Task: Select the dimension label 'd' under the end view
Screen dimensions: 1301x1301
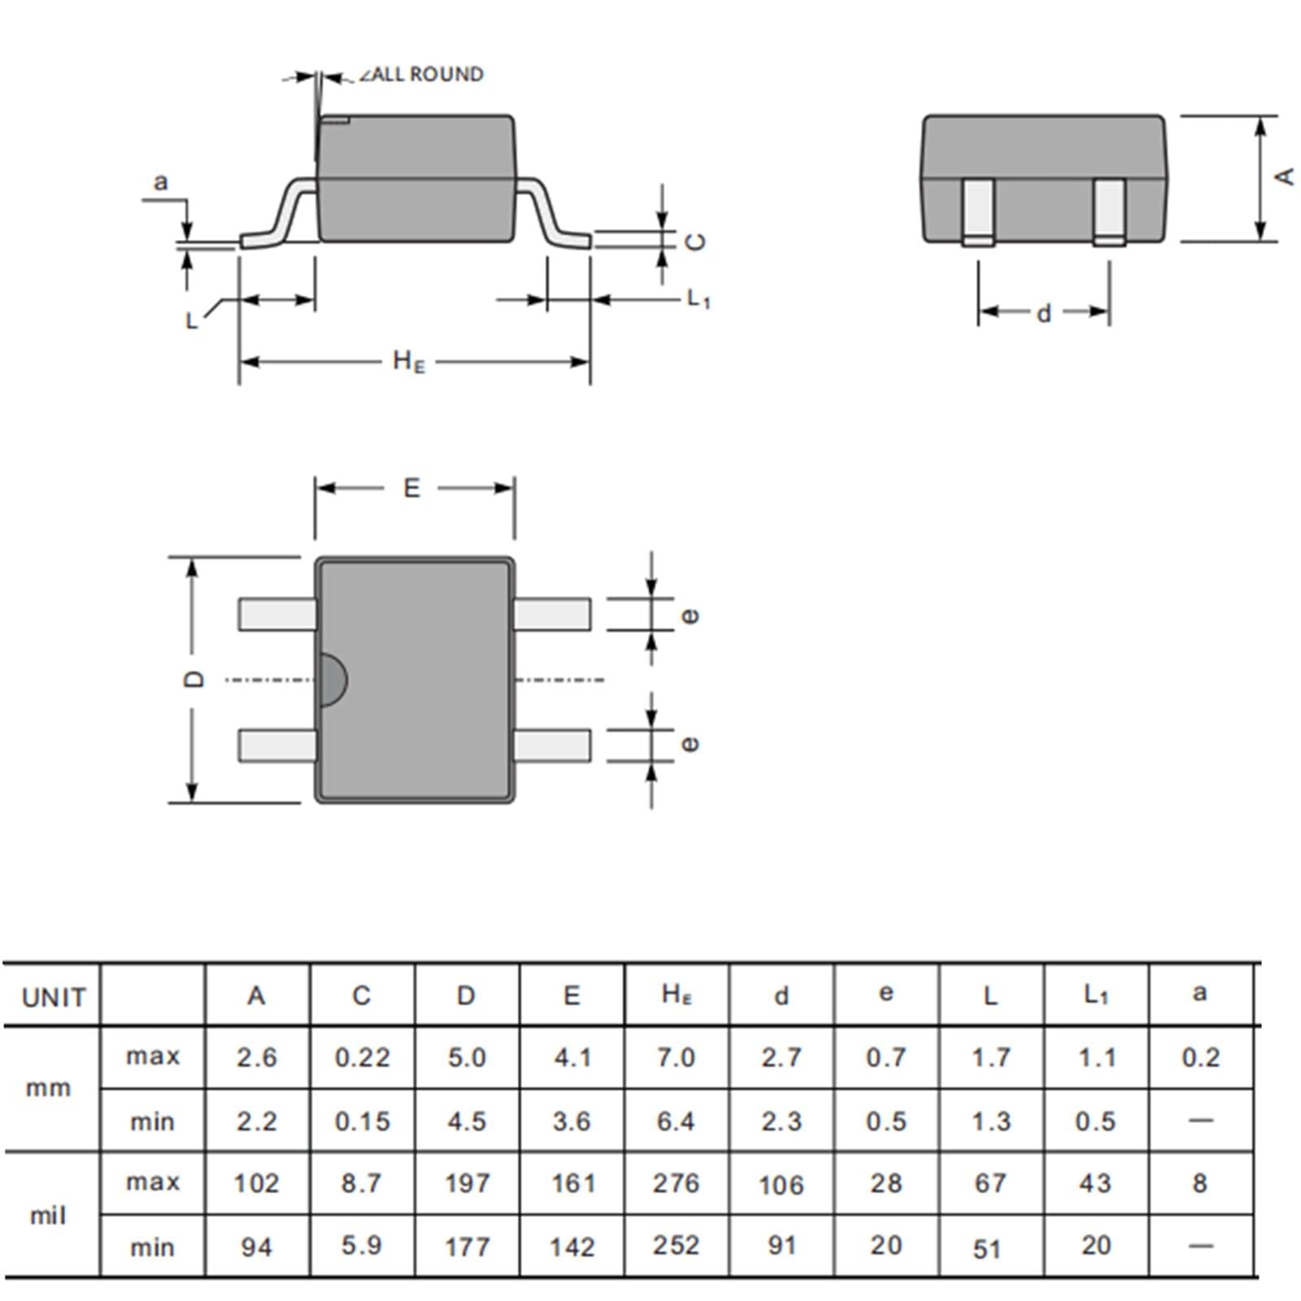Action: pos(1044,313)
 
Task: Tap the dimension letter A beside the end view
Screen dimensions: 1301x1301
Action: pos(1284,176)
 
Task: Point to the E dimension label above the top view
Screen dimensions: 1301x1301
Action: pos(411,488)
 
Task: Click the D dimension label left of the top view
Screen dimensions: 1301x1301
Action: pos(194,679)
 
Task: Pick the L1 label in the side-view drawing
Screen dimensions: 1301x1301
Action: pos(698,298)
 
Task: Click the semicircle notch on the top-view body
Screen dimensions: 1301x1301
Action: pos(333,679)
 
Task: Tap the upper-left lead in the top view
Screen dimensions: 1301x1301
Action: pos(277,614)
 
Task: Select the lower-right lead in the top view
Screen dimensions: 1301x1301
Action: pos(553,746)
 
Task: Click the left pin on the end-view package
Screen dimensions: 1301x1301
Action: pos(978,211)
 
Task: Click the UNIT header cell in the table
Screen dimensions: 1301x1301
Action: pos(54,997)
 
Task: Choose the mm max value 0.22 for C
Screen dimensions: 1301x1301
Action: pos(362,1057)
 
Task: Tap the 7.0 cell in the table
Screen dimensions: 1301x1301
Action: pos(676,1057)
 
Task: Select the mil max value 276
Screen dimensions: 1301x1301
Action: pos(676,1183)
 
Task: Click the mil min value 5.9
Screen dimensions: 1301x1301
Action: pos(361,1245)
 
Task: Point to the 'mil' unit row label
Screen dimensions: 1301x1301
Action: pos(47,1216)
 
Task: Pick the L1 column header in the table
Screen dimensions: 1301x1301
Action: pos(1096,994)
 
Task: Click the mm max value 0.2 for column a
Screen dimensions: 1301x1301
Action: pos(1200,1057)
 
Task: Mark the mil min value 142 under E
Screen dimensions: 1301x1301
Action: pos(572,1247)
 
